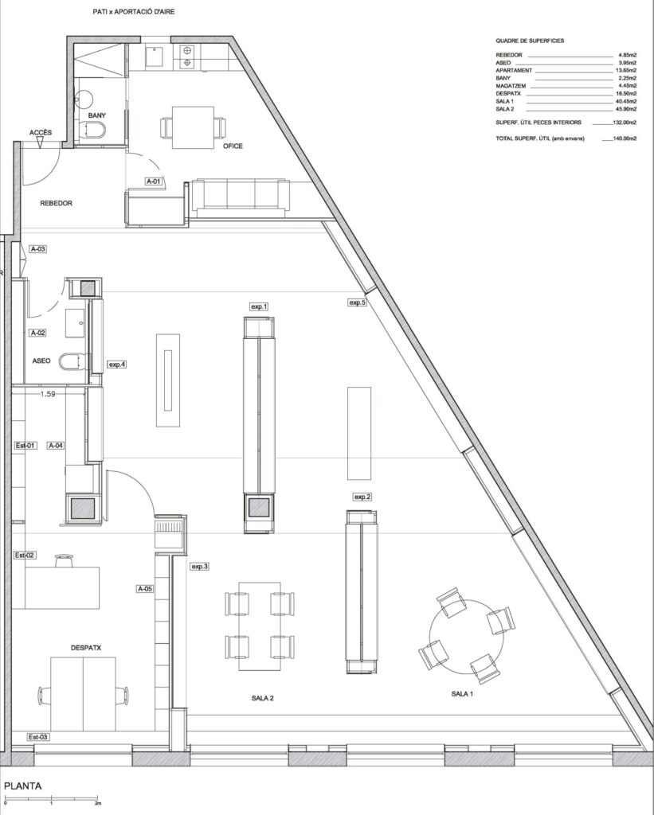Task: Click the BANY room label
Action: tap(96, 115)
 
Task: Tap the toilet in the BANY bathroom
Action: tap(95, 130)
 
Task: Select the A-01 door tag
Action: tap(154, 181)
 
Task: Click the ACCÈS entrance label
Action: tap(41, 133)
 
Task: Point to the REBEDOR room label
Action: tap(57, 203)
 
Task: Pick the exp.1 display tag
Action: tap(259, 306)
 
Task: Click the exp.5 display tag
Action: tap(358, 302)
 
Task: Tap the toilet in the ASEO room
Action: tap(71, 362)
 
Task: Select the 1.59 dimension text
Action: tap(48, 394)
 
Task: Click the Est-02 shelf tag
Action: tap(25, 555)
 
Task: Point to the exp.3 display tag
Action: tap(200, 567)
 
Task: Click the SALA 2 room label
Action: tap(263, 698)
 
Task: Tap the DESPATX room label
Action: tap(86, 648)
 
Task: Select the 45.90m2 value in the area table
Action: tap(626, 109)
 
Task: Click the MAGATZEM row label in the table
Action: tap(511, 86)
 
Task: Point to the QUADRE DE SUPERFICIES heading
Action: tap(530, 41)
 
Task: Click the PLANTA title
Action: tap(23, 786)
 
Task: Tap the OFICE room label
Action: tap(233, 146)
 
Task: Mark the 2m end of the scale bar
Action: tap(98, 797)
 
